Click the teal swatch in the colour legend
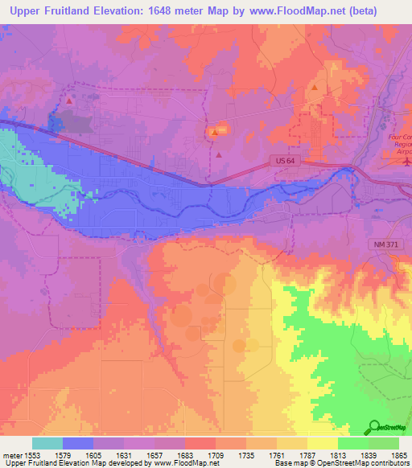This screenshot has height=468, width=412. tap(47, 443)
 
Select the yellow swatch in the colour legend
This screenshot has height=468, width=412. tap(322, 443)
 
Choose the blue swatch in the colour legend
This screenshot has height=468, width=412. tap(77, 443)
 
